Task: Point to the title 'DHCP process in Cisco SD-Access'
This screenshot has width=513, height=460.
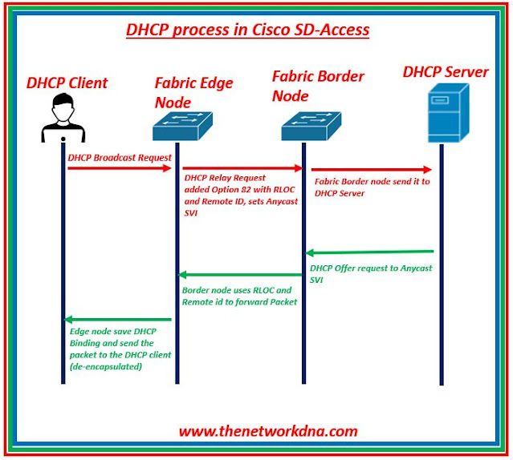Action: pos(247,30)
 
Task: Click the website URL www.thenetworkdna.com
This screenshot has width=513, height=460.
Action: pos(268,431)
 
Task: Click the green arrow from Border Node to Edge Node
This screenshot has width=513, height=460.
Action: pos(241,276)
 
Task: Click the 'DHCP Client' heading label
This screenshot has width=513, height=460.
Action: pos(67,83)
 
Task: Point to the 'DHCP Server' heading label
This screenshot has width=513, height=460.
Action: pos(446,73)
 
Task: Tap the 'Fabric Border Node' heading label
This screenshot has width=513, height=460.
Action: pos(318,86)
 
